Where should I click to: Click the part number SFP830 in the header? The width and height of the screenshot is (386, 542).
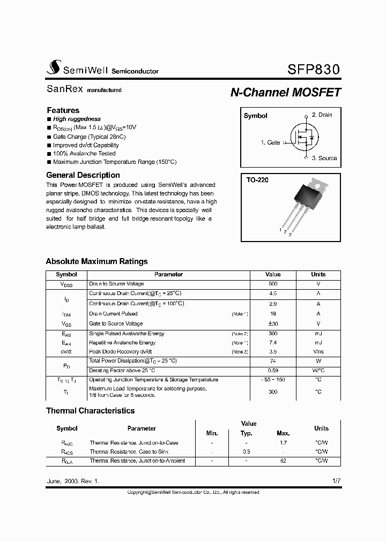pos(313,70)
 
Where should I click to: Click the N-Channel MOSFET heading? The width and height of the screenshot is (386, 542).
pos(285,92)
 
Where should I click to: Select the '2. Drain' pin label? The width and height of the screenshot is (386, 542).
pos(322,115)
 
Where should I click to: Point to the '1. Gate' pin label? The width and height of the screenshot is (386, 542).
pos(270,142)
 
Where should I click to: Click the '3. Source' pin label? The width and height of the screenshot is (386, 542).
pos(324,158)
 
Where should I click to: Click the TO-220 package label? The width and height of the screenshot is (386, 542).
pos(257,180)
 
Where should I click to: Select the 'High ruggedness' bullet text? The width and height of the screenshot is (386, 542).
pos(77,119)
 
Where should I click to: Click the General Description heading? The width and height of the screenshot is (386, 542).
pos(83,175)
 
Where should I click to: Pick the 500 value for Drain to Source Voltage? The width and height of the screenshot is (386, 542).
pos(273,284)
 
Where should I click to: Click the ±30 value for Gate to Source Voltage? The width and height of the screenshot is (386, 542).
pos(273,323)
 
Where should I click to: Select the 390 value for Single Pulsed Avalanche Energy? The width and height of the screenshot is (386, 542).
pos(273,334)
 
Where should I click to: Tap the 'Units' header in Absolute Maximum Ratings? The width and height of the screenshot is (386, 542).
pos(318,274)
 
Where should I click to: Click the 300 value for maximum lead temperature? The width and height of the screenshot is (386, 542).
pos(273,392)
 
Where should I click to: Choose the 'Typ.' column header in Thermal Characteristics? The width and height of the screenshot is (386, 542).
pos(246,433)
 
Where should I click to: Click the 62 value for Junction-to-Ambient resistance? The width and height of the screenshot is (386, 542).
pos(283,461)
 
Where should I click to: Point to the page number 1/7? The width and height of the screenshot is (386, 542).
pos(336,481)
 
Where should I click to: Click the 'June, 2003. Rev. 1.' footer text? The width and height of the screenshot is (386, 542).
pos(73,481)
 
